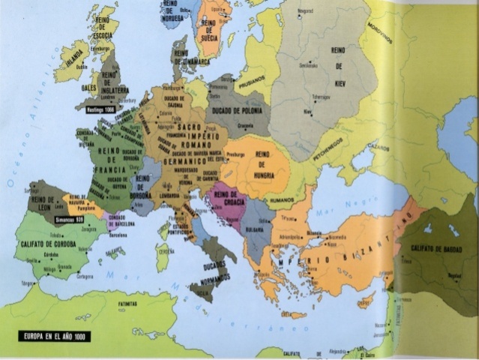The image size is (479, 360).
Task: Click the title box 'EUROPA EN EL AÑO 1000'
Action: pyautogui.click(x=55, y=337)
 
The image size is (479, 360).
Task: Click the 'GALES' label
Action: pyautogui.click(x=89, y=87)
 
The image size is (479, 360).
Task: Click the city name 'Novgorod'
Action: pyautogui.click(x=305, y=11)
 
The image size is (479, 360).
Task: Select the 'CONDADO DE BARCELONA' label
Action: pyautogui.click(x=122, y=220)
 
